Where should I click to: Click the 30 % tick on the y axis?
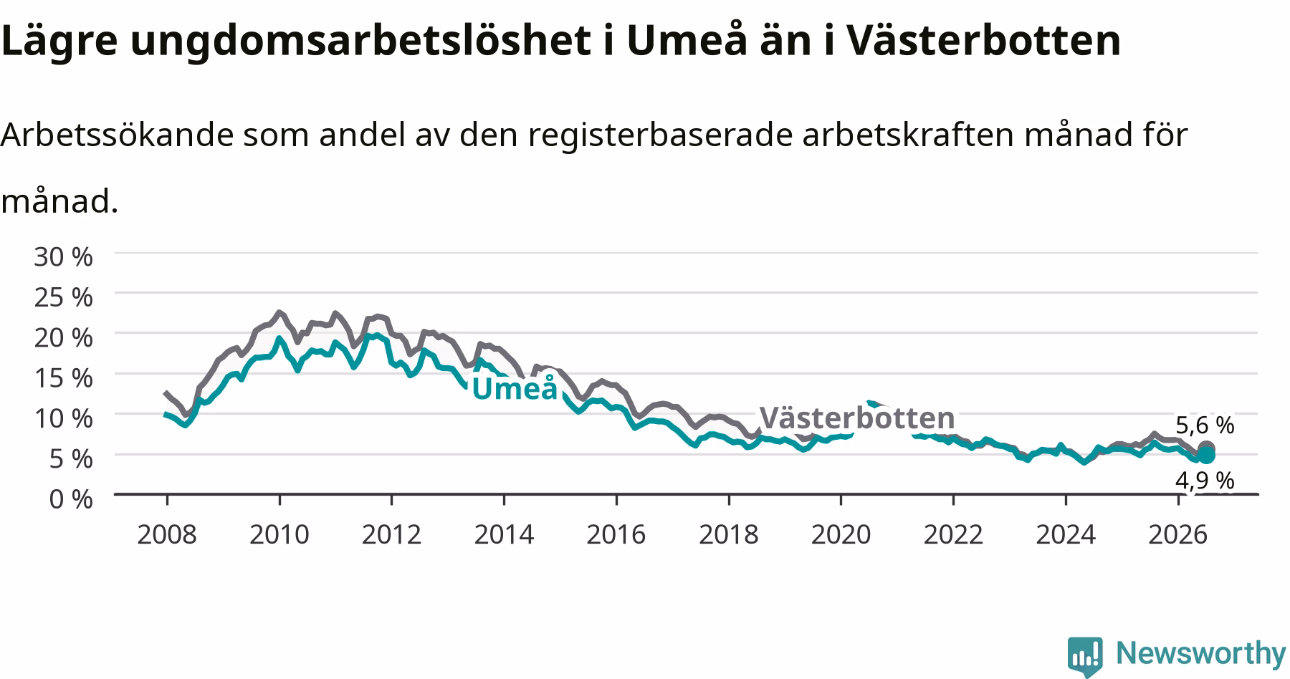pyautogui.click(x=63, y=256)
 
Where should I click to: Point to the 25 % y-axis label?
pyautogui.click(x=63, y=297)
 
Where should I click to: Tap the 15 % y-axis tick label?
pyautogui.click(x=63, y=377)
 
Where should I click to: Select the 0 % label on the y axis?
pyautogui.click(x=70, y=499)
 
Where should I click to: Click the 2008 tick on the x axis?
pyautogui.click(x=166, y=534)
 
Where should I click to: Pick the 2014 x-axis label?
pyautogui.click(x=504, y=534)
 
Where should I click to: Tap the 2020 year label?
pyautogui.click(x=841, y=534)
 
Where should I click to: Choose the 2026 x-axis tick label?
pyautogui.click(x=1178, y=534)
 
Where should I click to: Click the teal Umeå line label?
pyautogui.click(x=515, y=387)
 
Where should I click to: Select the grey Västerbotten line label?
pyautogui.click(x=857, y=418)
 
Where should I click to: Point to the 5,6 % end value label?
pyautogui.click(x=1205, y=425)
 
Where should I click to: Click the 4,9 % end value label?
pyautogui.click(x=1205, y=480)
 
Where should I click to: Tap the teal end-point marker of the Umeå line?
pyautogui.click(x=1207, y=455)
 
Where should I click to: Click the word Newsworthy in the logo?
pyautogui.click(x=1201, y=653)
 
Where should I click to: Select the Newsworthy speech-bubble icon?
pyautogui.click(x=1086, y=655)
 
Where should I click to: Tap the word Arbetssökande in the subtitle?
pyautogui.click(x=117, y=135)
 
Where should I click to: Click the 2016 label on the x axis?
pyautogui.click(x=616, y=534)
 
